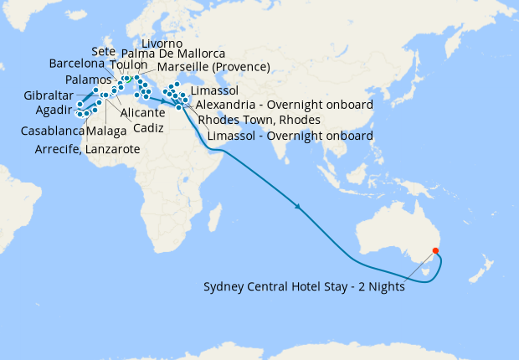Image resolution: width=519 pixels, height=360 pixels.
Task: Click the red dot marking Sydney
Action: (434, 251)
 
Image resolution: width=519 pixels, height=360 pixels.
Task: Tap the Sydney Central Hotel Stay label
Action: (305, 287)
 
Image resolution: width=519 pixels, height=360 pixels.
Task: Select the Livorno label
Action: (162, 43)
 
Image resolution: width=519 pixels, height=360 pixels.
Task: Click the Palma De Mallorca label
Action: (172, 54)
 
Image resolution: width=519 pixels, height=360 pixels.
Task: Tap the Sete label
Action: (103, 52)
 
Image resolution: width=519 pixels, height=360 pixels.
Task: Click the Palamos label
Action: (87, 80)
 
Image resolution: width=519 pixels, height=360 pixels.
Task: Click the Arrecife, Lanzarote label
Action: (87, 150)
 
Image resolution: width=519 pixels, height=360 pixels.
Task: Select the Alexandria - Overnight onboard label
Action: (284, 105)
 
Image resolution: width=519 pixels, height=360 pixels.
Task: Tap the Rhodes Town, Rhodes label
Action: (259, 120)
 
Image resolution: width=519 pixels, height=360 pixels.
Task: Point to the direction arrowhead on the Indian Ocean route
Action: (297, 205)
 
